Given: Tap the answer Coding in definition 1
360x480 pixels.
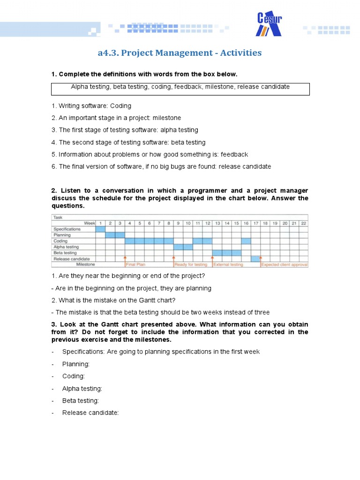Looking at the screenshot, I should click(121, 106).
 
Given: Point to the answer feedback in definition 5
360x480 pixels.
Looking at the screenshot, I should click(234, 155).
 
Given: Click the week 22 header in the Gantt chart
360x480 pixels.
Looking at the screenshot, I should click(303, 223).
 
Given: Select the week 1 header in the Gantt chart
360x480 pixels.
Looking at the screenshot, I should click(100, 223).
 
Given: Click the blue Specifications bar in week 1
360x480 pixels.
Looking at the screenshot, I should click(100, 229).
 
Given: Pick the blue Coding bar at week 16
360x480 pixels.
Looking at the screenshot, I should click(246, 241).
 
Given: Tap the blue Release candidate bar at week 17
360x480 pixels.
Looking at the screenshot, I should click(255, 259).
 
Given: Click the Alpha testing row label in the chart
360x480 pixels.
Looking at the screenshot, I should click(66, 247).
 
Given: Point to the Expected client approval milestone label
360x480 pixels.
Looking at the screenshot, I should click(285, 265).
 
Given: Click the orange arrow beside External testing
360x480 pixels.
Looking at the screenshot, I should click(212, 259).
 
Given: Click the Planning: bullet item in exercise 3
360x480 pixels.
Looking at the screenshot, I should click(75, 364).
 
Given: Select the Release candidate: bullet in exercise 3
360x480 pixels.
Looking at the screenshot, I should click(90, 413).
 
